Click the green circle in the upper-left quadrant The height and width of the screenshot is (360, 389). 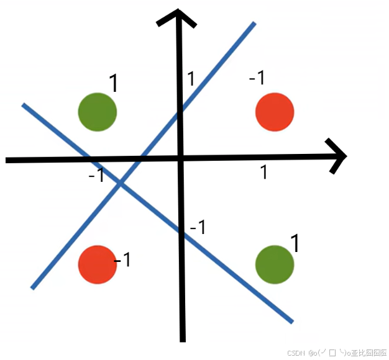click(98, 112)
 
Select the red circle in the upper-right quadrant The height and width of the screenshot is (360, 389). click(275, 112)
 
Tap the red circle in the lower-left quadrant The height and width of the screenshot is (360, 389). click(98, 264)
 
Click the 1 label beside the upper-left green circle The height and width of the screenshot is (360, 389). click(114, 83)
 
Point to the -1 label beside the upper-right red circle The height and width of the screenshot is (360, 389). click(257, 78)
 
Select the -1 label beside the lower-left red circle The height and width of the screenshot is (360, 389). click(122, 259)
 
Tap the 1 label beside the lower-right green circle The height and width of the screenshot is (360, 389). click(295, 243)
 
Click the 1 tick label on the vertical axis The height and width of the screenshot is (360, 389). click(191, 79)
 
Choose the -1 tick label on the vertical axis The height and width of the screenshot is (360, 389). click(198, 228)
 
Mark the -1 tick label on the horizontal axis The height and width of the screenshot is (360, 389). click(96, 176)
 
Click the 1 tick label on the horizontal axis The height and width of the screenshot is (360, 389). click(263, 172)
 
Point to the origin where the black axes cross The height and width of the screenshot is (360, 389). click(180, 160)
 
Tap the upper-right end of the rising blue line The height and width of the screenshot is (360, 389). click(254, 24)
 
